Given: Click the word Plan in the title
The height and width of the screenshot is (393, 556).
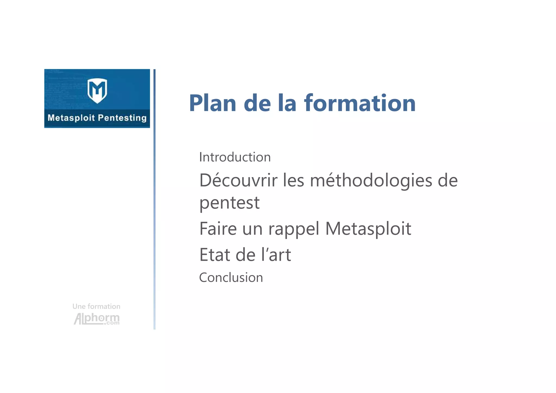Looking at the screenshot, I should [213, 103].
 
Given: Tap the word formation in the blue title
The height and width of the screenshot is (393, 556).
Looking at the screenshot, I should [360, 103].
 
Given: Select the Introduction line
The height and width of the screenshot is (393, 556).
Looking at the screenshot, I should [235, 157].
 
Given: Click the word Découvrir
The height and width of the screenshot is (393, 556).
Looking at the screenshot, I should [238, 180].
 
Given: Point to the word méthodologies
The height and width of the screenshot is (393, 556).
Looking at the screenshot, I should [371, 180].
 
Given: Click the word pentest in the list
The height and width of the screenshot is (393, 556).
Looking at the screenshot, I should [229, 203].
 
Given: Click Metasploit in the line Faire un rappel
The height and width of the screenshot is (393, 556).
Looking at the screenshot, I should [368, 229].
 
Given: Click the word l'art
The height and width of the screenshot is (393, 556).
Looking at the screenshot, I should [276, 255].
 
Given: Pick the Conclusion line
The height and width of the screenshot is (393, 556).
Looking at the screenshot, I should [231, 278].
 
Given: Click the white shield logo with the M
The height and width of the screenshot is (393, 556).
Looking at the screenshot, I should [97, 90].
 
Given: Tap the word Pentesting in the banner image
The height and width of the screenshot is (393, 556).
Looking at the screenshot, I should [122, 118].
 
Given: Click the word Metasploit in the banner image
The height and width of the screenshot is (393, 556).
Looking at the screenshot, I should [71, 118].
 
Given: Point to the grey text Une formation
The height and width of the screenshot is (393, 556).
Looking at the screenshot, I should [96, 306].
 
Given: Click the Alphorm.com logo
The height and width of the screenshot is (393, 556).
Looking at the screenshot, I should [97, 319].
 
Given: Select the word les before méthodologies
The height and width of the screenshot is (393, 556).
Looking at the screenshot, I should [293, 180].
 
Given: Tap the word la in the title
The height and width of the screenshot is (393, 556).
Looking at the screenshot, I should [287, 103].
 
